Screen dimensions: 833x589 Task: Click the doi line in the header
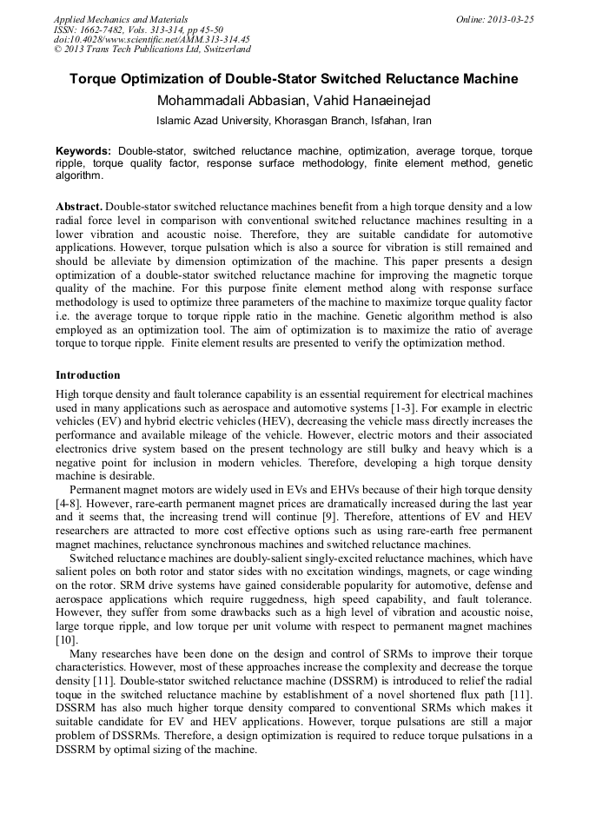[x=151, y=39]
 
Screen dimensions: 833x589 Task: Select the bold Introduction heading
[x=88, y=375]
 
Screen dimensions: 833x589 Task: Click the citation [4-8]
[x=69, y=503]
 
